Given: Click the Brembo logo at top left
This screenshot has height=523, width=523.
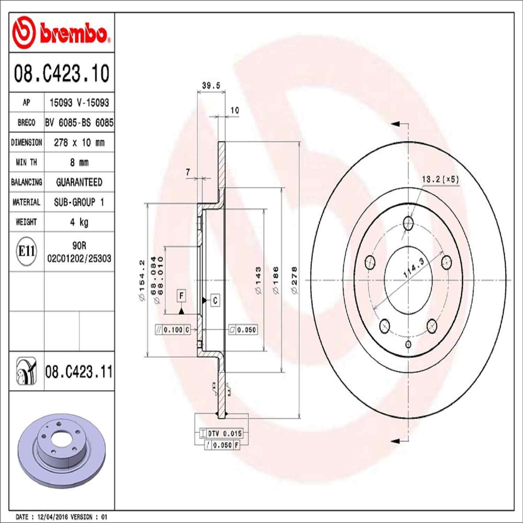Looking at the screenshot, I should coord(61,32).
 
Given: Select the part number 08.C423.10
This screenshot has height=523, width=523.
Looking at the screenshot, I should coord(61,73).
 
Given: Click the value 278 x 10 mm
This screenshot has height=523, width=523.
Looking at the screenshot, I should coord(79,143).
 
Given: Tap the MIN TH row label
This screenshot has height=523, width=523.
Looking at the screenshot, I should coord(26,162).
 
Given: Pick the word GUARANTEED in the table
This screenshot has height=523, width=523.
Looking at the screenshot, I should coord(79,182).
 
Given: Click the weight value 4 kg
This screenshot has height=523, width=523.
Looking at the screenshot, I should coord(79,222).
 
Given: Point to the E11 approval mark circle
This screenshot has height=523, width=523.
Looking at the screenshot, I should coord(26,251).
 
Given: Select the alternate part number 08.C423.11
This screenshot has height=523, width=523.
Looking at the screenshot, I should coord(79,372).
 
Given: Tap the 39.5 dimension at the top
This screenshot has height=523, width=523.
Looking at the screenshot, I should coord(211,86).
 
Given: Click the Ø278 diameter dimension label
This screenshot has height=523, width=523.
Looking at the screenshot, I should coord(295,280).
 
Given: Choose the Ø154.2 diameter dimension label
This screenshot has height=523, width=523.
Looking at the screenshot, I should coord(142,280).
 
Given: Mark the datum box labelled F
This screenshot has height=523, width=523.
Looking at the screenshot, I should coord(181,296).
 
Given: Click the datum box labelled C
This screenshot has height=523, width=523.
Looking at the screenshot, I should coord(215,300).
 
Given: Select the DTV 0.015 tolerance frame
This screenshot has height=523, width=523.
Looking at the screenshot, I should coord(221,433).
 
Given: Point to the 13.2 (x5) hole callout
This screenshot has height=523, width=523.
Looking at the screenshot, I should coord(440,180).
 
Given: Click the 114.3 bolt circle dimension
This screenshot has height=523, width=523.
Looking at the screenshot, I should coord(414,268).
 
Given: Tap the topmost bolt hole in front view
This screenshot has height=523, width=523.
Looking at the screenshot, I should coord(408,223).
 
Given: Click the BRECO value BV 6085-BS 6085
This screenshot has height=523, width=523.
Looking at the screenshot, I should coord(79,123).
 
